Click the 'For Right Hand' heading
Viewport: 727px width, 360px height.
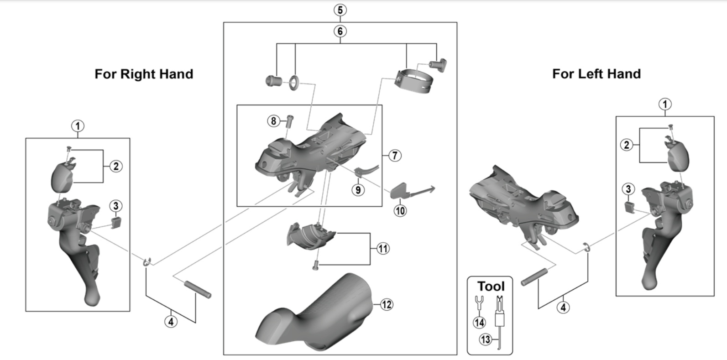click(x=144, y=74)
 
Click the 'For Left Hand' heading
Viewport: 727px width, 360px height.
click(x=596, y=73)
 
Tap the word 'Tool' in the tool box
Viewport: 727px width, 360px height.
click(x=491, y=287)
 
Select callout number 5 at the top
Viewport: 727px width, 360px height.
click(x=340, y=10)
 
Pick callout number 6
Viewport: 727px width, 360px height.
click(x=340, y=31)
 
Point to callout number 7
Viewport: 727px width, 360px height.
click(x=395, y=155)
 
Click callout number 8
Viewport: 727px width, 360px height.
click(x=273, y=121)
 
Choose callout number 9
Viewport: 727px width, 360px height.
click(x=358, y=189)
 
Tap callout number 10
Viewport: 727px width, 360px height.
click(x=400, y=210)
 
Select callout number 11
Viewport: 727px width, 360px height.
click(x=383, y=249)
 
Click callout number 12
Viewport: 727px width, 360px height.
click(x=386, y=304)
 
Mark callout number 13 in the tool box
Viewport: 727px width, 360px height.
click(x=485, y=339)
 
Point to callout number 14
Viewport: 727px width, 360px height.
click(x=479, y=323)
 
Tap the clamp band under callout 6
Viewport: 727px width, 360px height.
click(x=415, y=80)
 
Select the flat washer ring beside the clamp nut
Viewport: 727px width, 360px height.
click(x=293, y=82)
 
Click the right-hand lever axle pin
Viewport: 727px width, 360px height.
click(x=198, y=290)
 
